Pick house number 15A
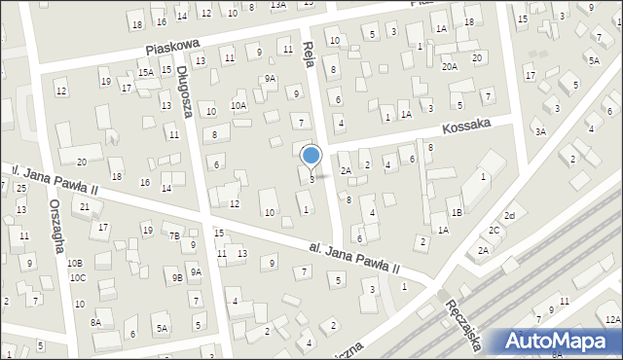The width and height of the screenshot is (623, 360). (x=146, y=73)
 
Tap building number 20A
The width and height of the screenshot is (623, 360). (x=449, y=66)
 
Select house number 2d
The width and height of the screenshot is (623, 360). (x=508, y=216)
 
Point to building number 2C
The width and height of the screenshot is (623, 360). (x=494, y=231)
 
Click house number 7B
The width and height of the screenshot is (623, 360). (x=174, y=235)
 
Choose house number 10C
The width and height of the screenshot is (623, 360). (x=78, y=278)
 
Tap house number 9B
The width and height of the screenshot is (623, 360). (x=178, y=278)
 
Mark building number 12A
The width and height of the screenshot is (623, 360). (x=610, y=319)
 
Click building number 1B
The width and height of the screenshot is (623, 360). (x=457, y=213)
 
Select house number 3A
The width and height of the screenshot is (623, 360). (x=540, y=131)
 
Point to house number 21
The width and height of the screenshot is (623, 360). (x=86, y=207)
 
